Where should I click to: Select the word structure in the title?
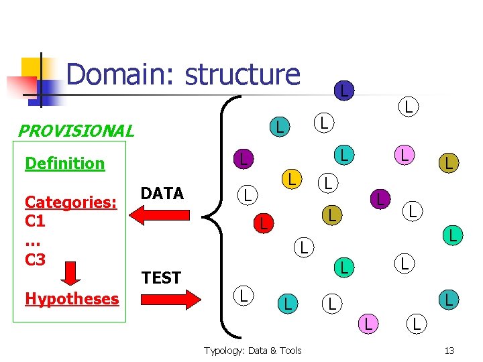click(x=242, y=74)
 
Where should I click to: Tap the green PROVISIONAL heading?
click(x=75, y=131)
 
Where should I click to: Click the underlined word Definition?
click(x=64, y=163)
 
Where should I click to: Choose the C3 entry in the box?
click(x=35, y=259)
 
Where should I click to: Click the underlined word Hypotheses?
click(x=72, y=298)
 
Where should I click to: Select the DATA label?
click(x=162, y=194)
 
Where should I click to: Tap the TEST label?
click(x=161, y=278)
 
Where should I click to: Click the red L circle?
click(x=264, y=223)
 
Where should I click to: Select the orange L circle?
click(x=290, y=179)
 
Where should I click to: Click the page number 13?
click(x=449, y=351)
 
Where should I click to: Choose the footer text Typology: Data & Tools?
click(x=252, y=351)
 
